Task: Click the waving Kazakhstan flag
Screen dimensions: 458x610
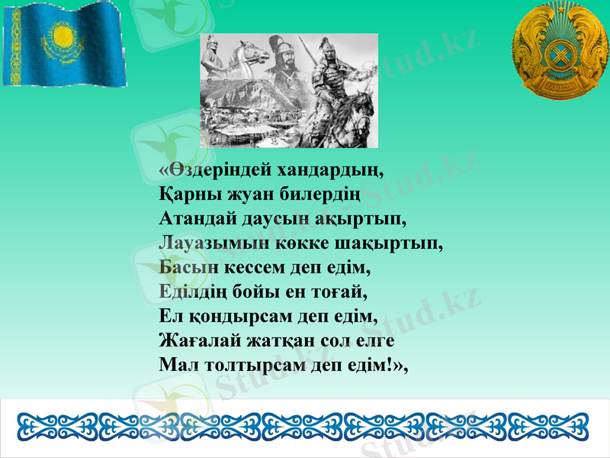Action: (x=65, y=44)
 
